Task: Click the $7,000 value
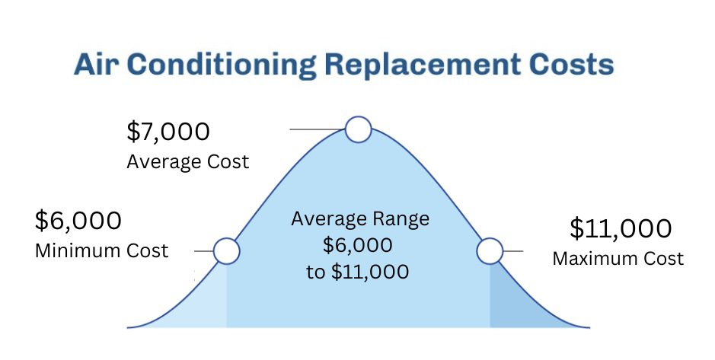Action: tap(168, 132)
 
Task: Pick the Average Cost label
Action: tap(188, 162)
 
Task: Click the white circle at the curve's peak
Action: tap(359, 129)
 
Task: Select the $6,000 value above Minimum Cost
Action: tap(78, 221)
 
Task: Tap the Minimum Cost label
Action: tap(102, 250)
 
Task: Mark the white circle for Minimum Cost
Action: tap(227, 251)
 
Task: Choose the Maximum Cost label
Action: tap(618, 258)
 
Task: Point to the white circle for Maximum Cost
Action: tap(490, 251)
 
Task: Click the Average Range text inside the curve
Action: tap(360, 219)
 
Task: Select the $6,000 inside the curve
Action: tap(358, 245)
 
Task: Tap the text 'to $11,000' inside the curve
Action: tap(358, 272)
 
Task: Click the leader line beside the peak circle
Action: tap(318, 129)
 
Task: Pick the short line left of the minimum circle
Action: tap(204, 251)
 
